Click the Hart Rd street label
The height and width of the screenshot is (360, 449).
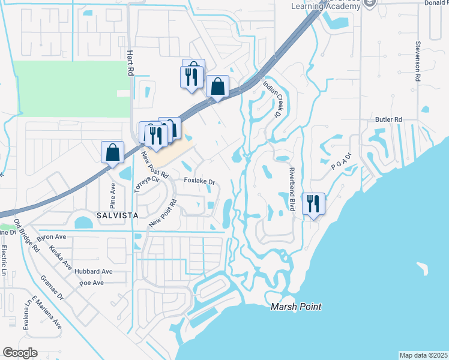click(x=129, y=62)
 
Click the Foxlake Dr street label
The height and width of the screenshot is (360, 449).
click(x=199, y=181)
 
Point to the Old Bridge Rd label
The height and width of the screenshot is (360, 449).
click(x=28, y=235)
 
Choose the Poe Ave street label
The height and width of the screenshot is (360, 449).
click(x=92, y=283)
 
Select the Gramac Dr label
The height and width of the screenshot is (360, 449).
click(x=52, y=287)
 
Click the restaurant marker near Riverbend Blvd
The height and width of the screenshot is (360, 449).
click(x=313, y=203)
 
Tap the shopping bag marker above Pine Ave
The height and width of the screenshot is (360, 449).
click(x=112, y=152)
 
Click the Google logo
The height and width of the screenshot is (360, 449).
click(x=20, y=353)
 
